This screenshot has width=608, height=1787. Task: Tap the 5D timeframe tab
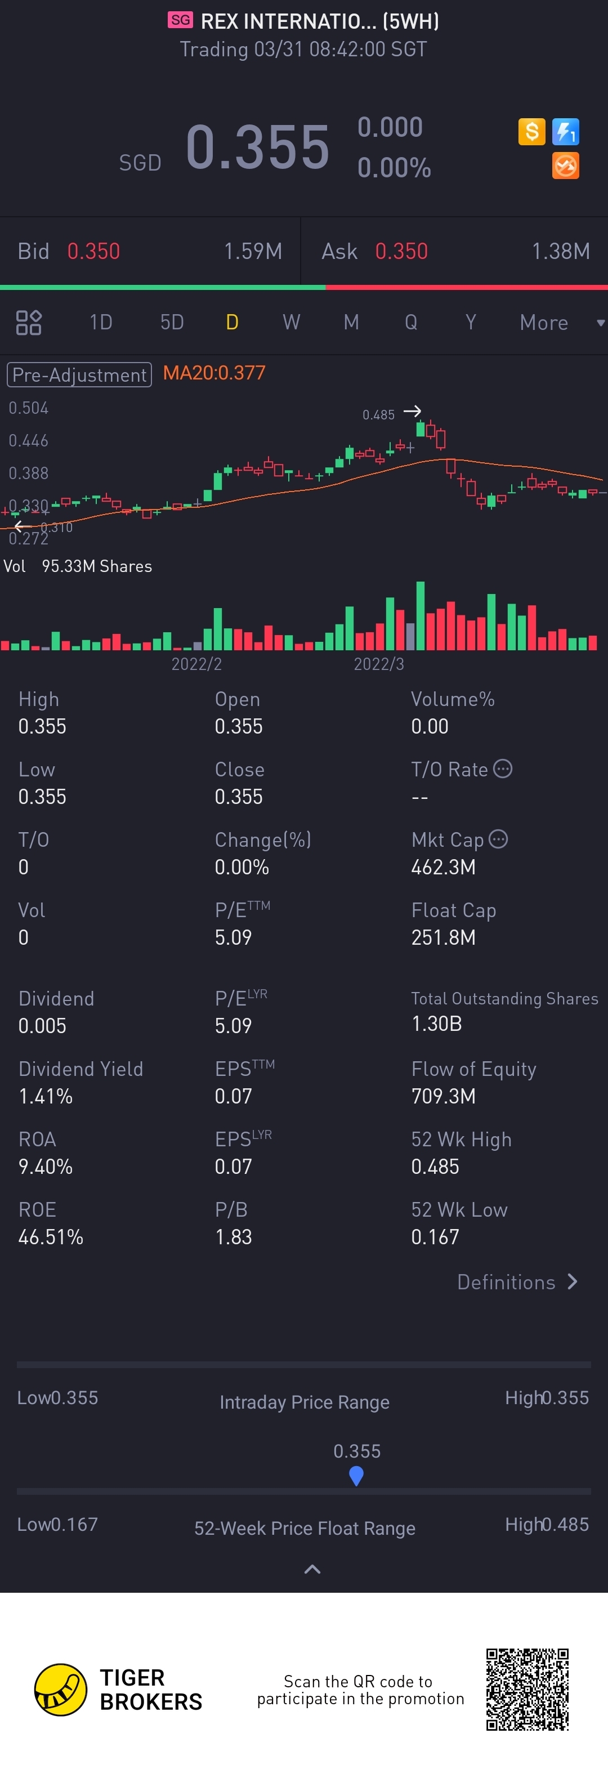click(x=172, y=322)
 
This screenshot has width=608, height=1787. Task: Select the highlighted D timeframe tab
click(x=233, y=322)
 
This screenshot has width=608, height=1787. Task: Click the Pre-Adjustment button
click(x=79, y=374)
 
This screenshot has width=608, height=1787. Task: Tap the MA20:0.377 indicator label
click(x=214, y=373)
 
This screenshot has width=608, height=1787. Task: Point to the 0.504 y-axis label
click(x=28, y=408)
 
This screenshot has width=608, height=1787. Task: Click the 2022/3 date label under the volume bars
click(x=378, y=664)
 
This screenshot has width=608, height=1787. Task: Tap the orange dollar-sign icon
click(x=532, y=131)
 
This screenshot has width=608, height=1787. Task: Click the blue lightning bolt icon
click(x=566, y=131)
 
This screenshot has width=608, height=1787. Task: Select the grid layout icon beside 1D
click(x=28, y=323)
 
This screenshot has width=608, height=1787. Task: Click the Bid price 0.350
click(x=93, y=251)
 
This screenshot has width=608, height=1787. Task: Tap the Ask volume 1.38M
click(x=560, y=251)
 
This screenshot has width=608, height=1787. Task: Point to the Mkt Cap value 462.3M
click(x=443, y=867)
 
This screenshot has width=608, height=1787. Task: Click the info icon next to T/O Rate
click(x=503, y=769)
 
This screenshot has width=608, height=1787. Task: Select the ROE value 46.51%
click(x=51, y=1237)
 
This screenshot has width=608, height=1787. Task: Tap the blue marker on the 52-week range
click(x=356, y=1476)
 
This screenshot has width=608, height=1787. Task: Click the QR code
click(x=527, y=1689)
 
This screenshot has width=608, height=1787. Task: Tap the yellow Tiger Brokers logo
click(x=61, y=1689)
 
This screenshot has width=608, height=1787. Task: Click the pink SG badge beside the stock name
click(x=180, y=20)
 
